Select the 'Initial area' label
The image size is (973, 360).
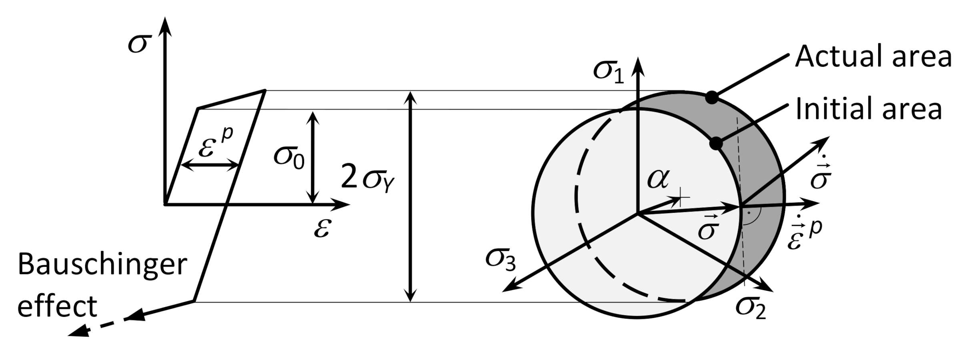pos(868,109)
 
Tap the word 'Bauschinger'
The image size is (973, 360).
pos(102,265)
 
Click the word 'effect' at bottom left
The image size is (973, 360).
pos(57,307)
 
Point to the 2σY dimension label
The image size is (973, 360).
pos(368,180)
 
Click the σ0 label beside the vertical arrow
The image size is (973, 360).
pos(289,157)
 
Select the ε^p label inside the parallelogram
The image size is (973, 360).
pos(215,145)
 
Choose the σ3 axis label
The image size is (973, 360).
pos(501,260)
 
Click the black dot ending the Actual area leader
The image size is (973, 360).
pos(711,98)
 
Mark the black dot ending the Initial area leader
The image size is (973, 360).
pos(716,143)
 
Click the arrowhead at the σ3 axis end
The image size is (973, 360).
pos(509,287)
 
